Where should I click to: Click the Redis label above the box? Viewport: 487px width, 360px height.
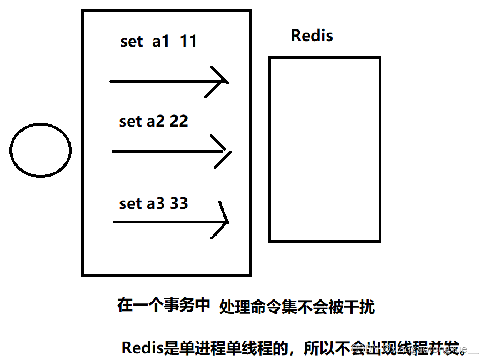pos(312,36)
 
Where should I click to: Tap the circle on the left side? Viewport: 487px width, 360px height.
pos(41,150)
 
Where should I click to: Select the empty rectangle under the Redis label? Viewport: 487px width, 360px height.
pos(324,149)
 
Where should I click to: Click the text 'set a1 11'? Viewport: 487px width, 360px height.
pos(158,42)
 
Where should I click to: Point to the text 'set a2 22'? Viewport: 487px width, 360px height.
pos(153,122)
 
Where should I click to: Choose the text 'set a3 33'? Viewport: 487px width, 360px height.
pos(153,203)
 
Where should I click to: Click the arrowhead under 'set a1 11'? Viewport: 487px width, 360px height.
pos(220,81)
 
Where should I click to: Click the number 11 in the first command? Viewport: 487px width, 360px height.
pos(188,42)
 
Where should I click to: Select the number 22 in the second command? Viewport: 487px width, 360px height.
pos(179,122)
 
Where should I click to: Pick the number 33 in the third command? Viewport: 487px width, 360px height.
pos(179,203)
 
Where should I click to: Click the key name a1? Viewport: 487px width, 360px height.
pos(160,42)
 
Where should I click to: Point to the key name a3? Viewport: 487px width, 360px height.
pos(155,203)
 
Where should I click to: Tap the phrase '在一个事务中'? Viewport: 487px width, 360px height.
pos(164,304)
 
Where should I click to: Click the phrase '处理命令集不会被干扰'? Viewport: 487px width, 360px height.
pos(297,306)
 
